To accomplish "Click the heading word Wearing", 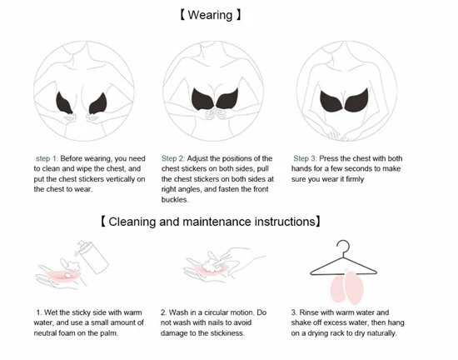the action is coord(210,15).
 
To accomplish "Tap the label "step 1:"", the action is coord(47,158).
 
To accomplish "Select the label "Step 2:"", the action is coord(173,158).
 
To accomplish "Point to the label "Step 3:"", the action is coord(306,158).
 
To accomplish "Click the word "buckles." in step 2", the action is coord(175,199).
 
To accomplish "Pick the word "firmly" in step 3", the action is coord(355,179).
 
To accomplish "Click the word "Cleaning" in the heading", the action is coord(132,222).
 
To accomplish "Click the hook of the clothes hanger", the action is coord(343,248).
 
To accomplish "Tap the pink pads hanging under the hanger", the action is coord(347,287).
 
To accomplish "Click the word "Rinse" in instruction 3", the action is coord(307,312).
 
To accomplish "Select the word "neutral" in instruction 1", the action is coord(44,333).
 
